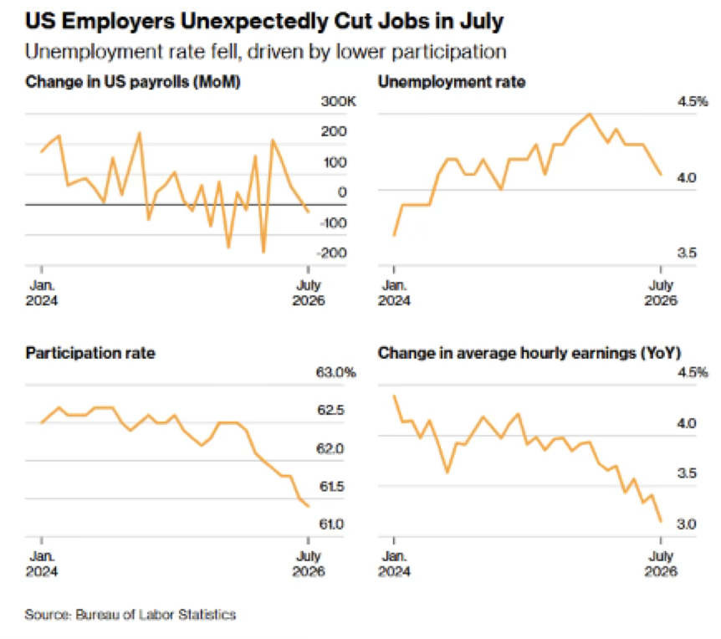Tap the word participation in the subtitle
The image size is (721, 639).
449,53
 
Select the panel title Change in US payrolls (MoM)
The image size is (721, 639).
133,82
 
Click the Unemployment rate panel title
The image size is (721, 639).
452,82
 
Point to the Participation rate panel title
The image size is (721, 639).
90,353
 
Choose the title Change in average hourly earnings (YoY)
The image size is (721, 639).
529,353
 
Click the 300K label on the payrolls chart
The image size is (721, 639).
339,101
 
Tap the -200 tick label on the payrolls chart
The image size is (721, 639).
331,253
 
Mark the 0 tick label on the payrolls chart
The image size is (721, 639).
342,192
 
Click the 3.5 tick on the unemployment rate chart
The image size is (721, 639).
687,253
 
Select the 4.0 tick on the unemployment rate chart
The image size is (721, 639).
687,177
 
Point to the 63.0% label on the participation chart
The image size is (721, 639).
336,372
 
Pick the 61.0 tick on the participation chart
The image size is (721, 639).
331,524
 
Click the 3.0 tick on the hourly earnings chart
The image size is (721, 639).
687,524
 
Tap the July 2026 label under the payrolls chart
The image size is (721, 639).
309,293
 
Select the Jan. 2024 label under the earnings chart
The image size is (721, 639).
394,564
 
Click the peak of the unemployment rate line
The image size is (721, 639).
590,114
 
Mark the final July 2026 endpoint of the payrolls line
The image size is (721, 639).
309,212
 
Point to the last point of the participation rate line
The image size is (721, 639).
309,506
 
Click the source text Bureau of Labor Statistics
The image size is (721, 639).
156,615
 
